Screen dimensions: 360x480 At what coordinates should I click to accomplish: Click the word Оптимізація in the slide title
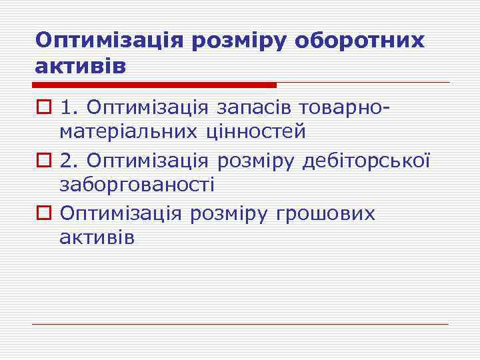(110, 41)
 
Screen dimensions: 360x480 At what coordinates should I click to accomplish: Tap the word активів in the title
(80, 67)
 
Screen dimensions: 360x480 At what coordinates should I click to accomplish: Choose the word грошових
(327, 214)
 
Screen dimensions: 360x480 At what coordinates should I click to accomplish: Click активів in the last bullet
(97, 238)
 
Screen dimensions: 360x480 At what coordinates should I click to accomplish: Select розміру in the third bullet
(230, 214)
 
